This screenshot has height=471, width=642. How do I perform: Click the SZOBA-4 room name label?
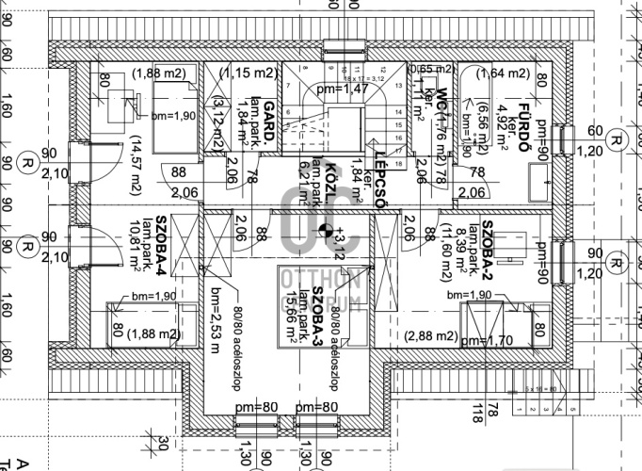click(161, 252)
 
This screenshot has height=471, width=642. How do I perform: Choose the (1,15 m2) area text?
click(249, 73)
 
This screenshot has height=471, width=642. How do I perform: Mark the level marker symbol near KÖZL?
click(326, 229)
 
